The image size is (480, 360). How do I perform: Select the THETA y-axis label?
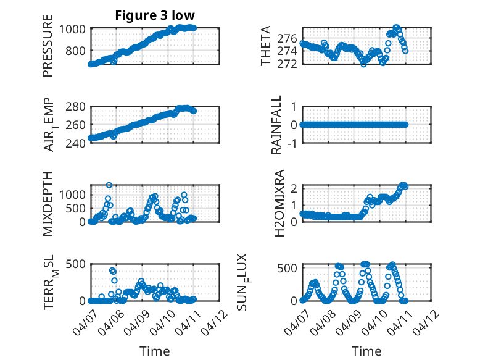[x=265, y=46]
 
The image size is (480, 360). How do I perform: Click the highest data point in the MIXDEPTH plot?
[x=109, y=185]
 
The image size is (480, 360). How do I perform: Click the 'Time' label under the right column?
[x=366, y=351]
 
